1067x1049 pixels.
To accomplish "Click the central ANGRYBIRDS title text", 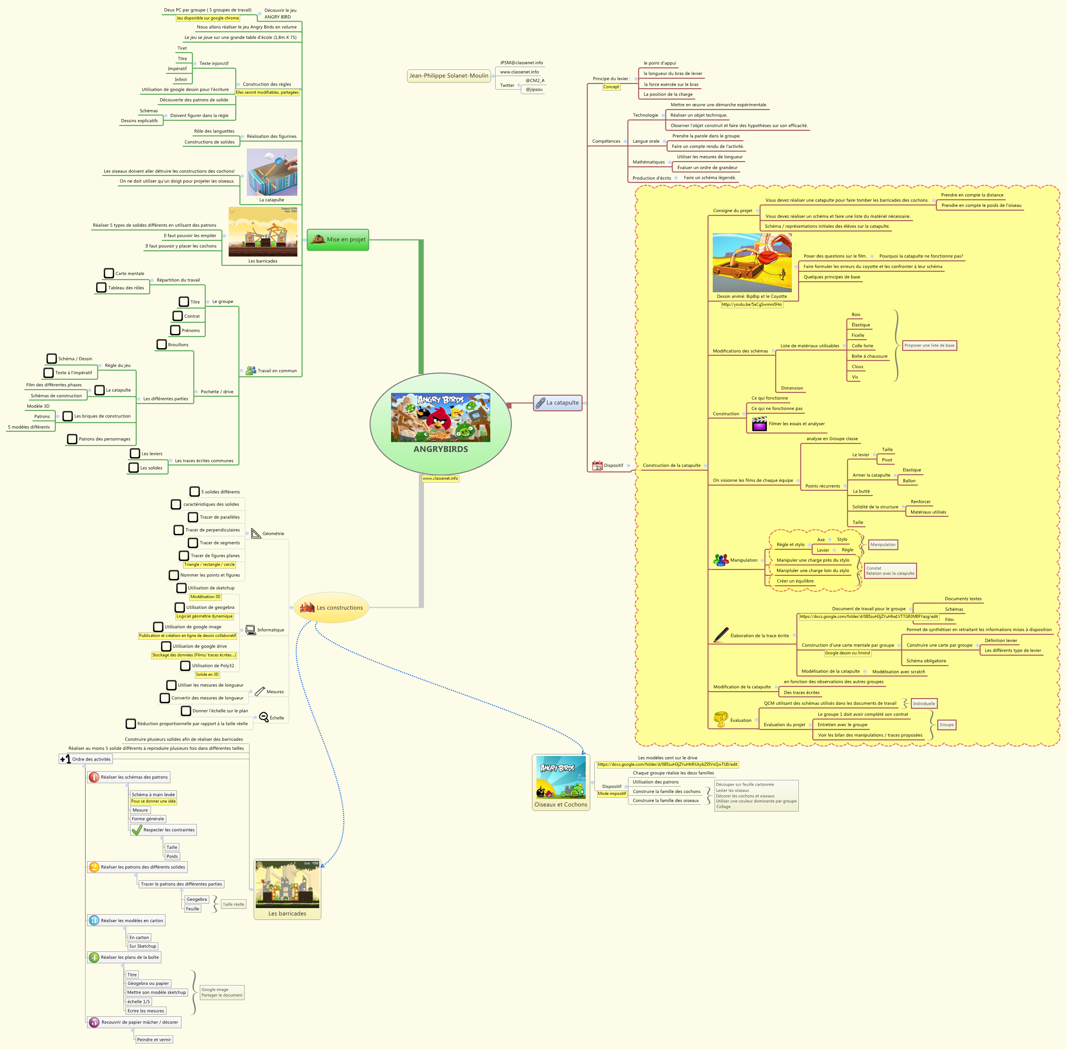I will [x=441, y=449].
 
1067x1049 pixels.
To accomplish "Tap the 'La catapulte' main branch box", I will [x=558, y=403].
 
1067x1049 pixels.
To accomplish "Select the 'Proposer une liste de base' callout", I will [x=929, y=345].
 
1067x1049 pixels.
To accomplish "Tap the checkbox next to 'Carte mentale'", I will [x=109, y=273].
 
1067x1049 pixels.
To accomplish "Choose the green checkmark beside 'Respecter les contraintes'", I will [x=137, y=830].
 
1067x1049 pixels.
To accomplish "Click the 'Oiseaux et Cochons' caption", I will [x=561, y=804].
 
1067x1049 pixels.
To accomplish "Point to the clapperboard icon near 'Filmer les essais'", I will [x=759, y=424].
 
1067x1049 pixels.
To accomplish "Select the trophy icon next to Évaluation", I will [x=720, y=719].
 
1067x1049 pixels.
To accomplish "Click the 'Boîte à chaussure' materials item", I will [x=869, y=356].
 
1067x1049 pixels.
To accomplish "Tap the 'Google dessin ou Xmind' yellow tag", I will [x=847, y=653].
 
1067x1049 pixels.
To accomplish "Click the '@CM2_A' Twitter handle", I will [x=534, y=81].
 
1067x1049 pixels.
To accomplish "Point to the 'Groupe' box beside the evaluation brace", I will [x=946, y=724].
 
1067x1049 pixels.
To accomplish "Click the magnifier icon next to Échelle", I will [x=264, y=717].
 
